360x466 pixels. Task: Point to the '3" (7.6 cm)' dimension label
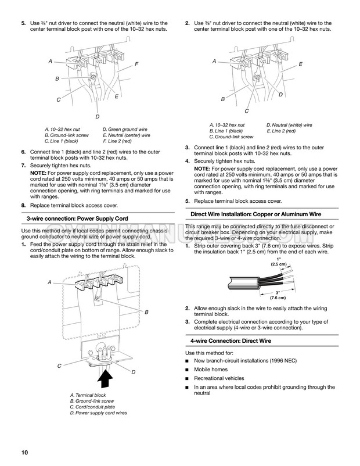click(278, 295)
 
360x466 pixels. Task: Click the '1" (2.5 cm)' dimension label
click(278, 261)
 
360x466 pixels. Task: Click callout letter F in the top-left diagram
click(136, 63)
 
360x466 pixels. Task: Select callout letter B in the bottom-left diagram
click(146, 313)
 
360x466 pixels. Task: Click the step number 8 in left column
click(23, 205)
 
